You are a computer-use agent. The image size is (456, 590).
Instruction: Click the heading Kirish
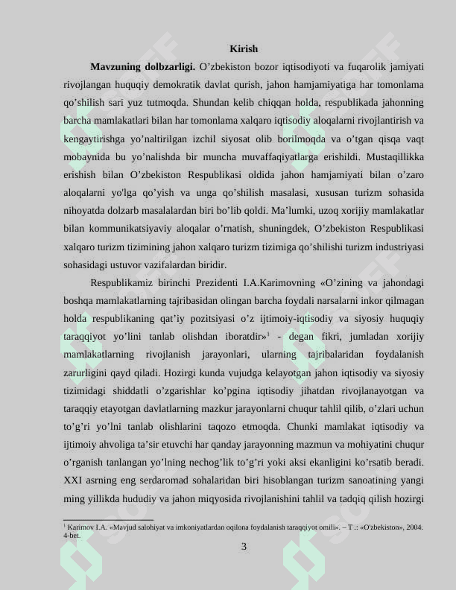pyautogui.click(x=244, y=48)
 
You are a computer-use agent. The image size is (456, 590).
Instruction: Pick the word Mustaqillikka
pyautogui.click(x=396, y=156)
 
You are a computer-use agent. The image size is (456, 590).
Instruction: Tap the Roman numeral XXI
pyautogui.click(x=74, y=480)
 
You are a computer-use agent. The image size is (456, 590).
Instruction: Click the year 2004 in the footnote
pyautogui.click(x=414, y=527)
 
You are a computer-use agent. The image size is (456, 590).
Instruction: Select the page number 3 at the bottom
pyautogui.click(x=244, y=548)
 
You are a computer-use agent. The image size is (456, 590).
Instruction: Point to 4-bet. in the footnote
pyautogui.click(x=72, y=535)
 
